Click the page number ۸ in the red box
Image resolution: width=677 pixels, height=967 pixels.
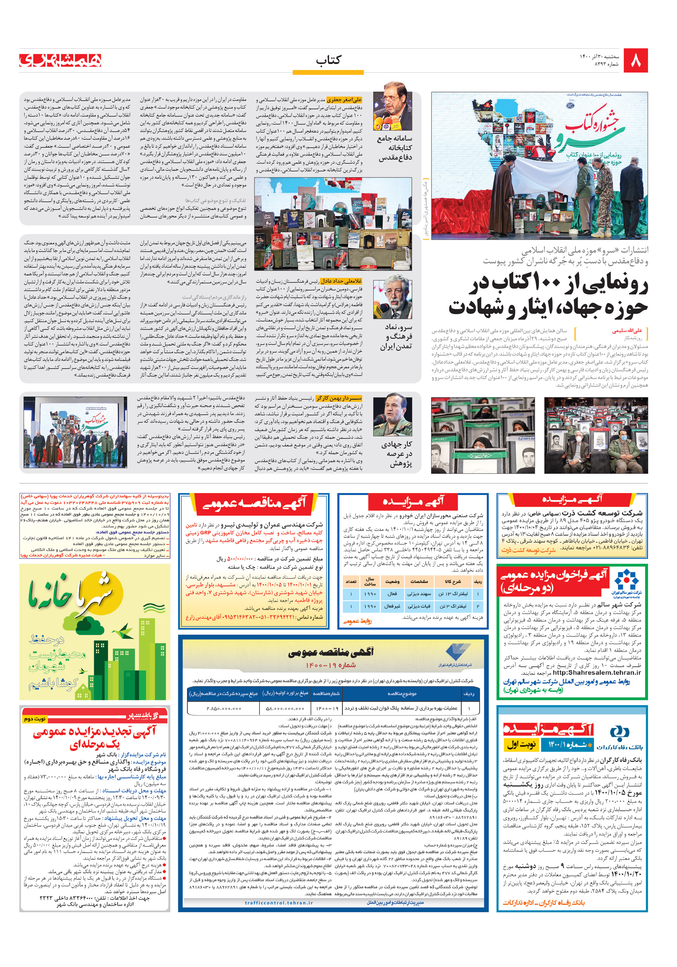pos(635,61)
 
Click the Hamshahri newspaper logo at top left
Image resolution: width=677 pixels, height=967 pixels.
pos(60,60)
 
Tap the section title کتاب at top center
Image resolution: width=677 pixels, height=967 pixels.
pos(328,60)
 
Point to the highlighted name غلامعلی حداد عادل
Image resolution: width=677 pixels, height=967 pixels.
pos(341,281)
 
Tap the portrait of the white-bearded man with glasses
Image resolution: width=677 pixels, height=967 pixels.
pos(393,297)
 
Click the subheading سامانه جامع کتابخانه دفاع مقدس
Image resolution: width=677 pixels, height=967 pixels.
pos(395,148)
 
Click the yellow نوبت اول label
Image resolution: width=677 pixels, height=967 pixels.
pos(521,745)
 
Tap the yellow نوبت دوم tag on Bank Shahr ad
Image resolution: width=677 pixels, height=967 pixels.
pos(34,718)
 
